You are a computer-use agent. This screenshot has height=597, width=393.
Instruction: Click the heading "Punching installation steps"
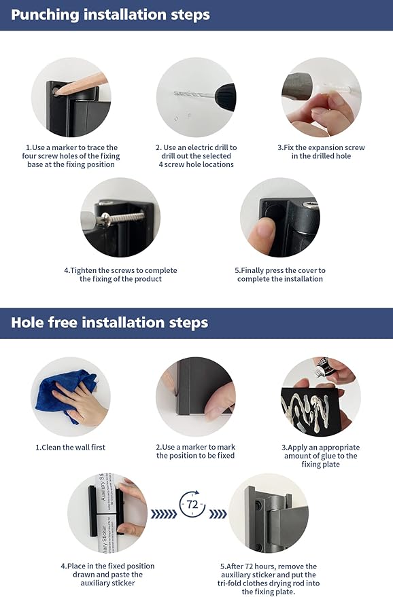(110, 15)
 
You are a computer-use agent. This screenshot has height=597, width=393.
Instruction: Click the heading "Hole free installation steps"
(109, 323)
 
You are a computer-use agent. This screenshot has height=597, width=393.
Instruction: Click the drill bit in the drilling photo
(194, 94)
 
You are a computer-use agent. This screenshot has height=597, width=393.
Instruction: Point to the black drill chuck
(225, 96)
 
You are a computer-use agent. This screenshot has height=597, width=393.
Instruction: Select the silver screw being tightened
(122, 218)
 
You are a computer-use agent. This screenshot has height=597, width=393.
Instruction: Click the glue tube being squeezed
(323, 367)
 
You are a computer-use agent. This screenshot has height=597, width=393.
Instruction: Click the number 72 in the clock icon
(192, 505)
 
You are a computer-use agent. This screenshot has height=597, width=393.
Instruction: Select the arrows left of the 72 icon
(164, 514)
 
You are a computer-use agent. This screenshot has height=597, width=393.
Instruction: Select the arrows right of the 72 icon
(218, 514)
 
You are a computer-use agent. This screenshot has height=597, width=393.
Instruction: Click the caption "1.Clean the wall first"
(71, 448)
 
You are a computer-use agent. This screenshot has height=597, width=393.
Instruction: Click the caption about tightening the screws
(120, 274)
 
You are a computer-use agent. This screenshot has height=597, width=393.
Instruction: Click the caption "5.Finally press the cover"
(279, 274)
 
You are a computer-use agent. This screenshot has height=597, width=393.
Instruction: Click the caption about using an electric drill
(196, 156)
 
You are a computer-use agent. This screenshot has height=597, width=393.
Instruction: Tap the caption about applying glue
(320, 456)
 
